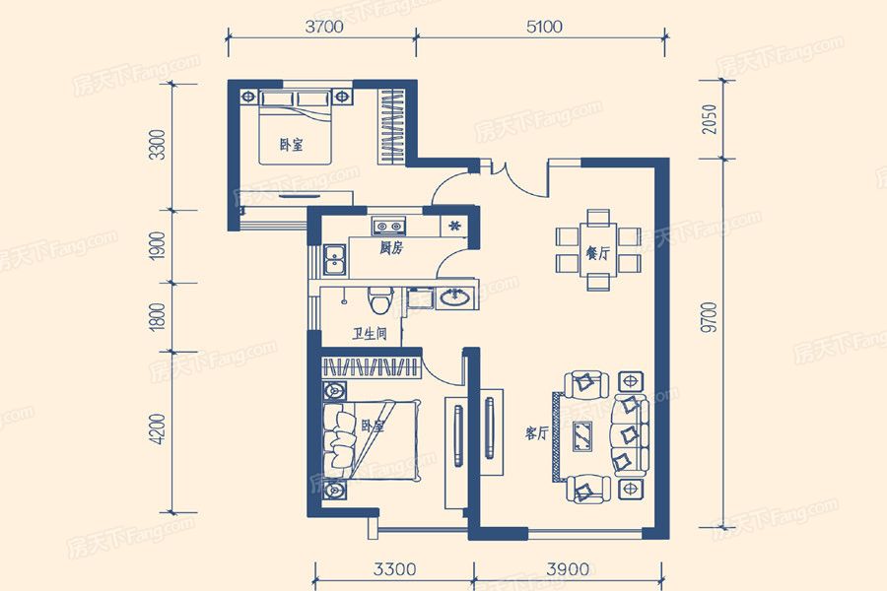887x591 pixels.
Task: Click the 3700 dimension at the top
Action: tap(324, 27)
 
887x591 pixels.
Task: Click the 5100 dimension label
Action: tap(544, 27)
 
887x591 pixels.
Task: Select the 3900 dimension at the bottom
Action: tap(568, 569)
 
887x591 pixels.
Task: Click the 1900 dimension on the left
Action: tap(159, 246)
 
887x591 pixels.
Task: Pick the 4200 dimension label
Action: tap(159, 429)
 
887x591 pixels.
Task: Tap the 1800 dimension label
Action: tap(159, 317)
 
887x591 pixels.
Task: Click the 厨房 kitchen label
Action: tap(391, 248)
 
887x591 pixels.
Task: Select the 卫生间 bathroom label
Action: tap(370, 334)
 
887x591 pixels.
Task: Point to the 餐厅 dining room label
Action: tap(598, 253)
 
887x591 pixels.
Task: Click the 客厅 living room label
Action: tap(537, 433)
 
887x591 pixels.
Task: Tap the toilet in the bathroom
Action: tap(380, 299)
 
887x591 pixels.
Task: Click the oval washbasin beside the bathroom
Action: tap(454, 297)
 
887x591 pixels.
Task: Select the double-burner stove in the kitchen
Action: tap(388, 227)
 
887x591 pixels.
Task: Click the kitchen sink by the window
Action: tap(334, 261)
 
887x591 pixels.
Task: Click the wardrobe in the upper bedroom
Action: tap(392, 125)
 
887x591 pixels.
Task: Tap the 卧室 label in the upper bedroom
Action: tap(292, 145)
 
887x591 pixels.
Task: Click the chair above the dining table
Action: tap(598, 217)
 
